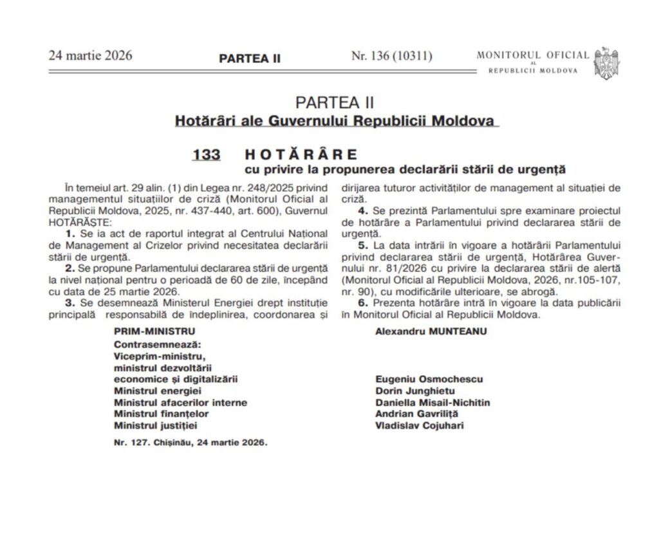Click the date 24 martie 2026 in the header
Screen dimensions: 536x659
tap(90, 55)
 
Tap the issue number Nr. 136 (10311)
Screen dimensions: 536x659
tap(391, 56)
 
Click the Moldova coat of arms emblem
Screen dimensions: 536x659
tap(606, 62)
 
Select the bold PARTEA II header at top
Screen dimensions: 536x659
tap(250, 58)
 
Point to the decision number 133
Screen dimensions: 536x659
tap(206, 155)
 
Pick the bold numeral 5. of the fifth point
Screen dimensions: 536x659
tap(362, 245)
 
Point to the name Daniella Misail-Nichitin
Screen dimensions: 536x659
tap(432, 402)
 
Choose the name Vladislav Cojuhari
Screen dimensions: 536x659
tap(418, 425)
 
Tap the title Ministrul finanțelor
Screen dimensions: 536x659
tap(161, 414)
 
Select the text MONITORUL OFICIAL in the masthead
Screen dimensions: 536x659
tap(532, 55)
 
